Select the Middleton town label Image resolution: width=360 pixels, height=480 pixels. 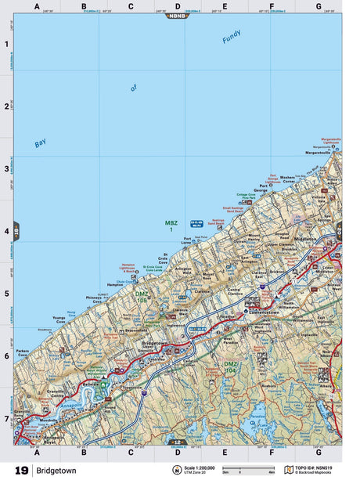pos(306,238)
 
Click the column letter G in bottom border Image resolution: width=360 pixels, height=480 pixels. pos(318,453)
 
